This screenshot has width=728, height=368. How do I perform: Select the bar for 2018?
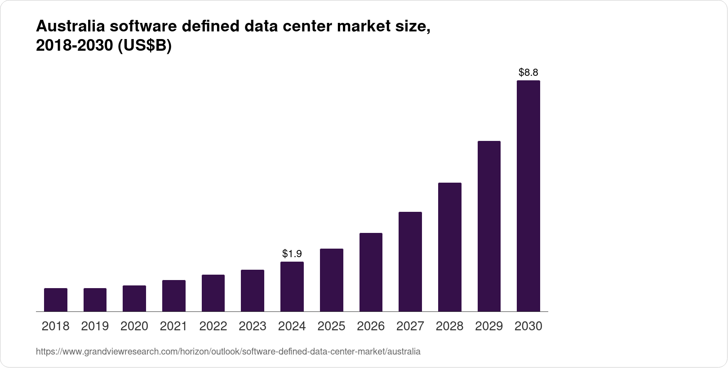[56, 300]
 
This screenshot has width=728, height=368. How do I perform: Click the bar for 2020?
[134, 298]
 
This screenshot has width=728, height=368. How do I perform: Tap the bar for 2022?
[213, 293]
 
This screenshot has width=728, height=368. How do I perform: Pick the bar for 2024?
[292, 286]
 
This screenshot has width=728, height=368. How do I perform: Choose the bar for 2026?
[371, 272]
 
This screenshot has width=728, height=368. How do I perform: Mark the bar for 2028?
[449, 247]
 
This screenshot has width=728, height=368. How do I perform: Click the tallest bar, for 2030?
[528, 196]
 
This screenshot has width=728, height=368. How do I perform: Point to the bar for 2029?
[489, 226]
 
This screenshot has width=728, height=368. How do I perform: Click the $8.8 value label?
[528, 72]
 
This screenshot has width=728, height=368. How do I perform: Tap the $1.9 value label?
[292, 254]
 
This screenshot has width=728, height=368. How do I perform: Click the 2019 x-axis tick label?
[95, 326]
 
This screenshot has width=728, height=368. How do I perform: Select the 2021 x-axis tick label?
[173, 326]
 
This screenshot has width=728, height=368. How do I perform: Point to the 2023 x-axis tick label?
[253, 326]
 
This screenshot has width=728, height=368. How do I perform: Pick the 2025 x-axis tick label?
[331, 326]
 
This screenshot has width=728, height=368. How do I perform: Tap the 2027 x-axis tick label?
[410, 326]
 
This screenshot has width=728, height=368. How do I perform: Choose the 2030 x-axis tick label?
[528, 326]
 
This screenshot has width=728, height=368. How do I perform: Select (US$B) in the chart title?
[145, 46]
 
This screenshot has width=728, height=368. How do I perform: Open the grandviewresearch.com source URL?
[228, 351]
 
